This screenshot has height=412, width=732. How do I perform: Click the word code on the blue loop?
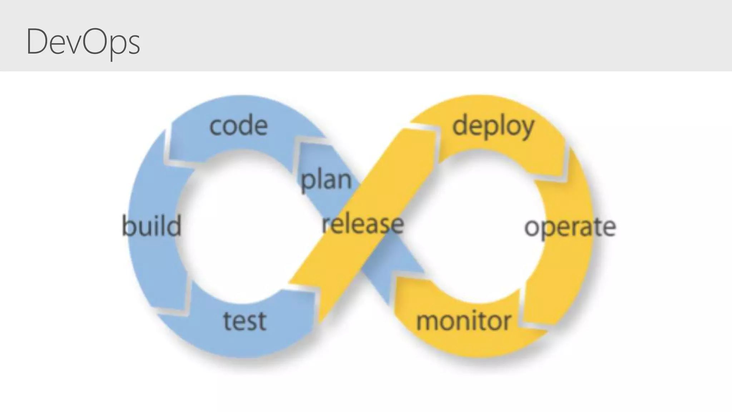(238, 126)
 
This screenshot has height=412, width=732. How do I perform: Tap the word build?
(152, 226)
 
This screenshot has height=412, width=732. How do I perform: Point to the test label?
(245, 320)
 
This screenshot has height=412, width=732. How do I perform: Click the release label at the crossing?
(363, 224)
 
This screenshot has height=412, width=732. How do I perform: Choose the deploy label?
(493, 127)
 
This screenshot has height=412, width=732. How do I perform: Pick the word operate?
(570, 227)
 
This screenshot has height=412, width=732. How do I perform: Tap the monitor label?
(464, 320)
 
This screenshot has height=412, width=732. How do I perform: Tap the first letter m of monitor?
(427, 321)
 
